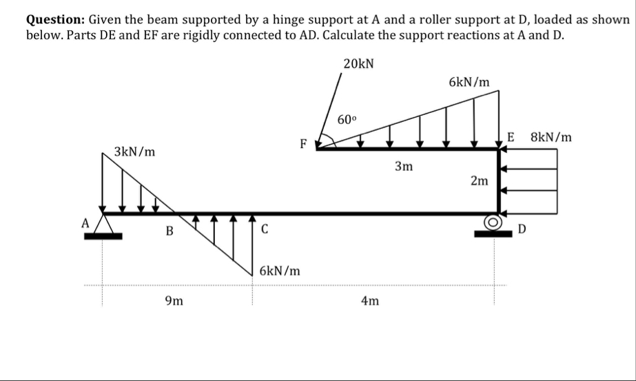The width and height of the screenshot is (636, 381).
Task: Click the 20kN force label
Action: coord(358,63)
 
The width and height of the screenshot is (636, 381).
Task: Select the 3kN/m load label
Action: coord(134,151)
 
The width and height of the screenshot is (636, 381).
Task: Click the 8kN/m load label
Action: coord(551,136)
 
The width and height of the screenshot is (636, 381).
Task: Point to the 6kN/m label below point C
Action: coord(280,271)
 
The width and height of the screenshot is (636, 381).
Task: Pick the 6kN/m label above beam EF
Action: coord(469,82)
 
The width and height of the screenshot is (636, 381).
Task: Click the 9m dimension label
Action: coord(174,300)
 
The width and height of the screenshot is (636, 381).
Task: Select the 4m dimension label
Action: coord(369,300)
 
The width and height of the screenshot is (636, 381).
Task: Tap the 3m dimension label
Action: coord(403,167)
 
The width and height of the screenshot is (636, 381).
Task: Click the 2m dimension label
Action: coord(480,181)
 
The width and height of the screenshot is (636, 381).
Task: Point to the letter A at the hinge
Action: coord(85,223)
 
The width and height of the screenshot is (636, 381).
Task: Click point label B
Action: coord(169,231)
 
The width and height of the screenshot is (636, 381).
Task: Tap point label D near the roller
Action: coord(522,228)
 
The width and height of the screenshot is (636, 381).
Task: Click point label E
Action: coord(511,136)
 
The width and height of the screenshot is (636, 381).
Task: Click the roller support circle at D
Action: coord(492,223)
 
